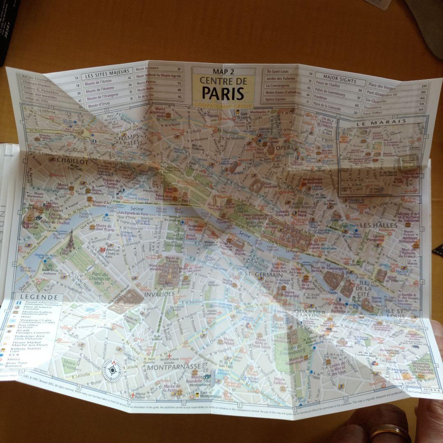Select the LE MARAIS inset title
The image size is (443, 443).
[381, 121]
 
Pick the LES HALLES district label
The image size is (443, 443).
[379, 225]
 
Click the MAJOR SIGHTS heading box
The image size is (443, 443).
[339, 81]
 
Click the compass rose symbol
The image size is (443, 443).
[111, 370]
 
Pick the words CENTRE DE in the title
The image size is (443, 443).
[223, 81]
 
